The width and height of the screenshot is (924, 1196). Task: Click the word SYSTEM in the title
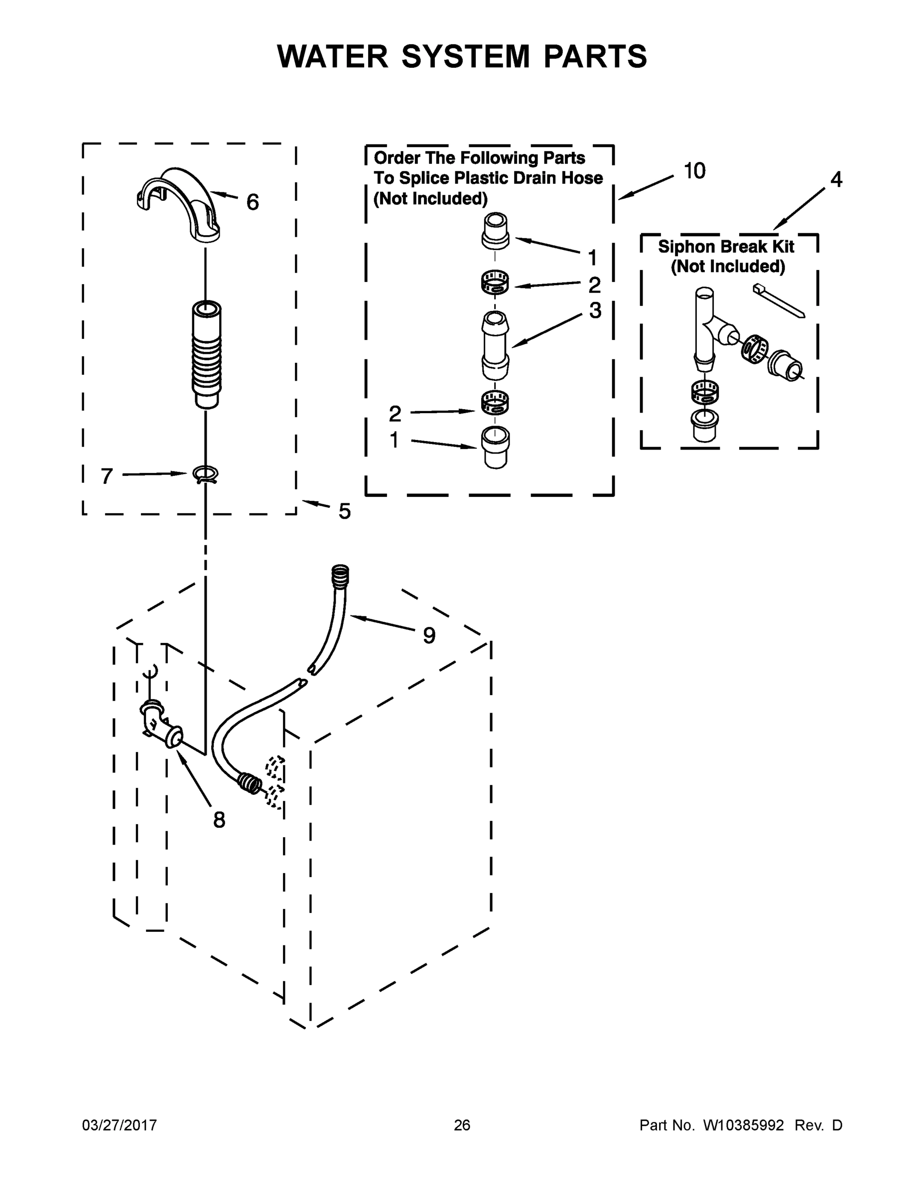465,57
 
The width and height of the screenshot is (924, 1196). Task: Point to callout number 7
107,476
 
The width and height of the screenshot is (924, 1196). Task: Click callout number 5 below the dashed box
344,511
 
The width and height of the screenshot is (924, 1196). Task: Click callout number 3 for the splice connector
595,310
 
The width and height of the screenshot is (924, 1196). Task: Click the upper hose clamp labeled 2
494,283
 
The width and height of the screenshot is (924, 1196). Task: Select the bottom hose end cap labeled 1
495,447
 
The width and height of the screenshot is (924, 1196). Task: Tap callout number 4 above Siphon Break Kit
836,179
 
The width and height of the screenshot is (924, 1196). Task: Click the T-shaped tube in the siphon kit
706,328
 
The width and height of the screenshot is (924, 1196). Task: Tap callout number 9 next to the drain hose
429,636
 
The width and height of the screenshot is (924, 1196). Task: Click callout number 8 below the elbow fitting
219,820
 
